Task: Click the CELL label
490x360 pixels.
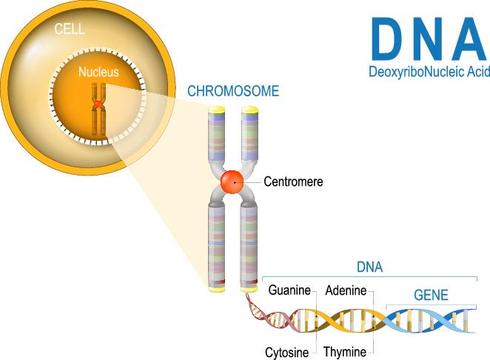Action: tap(70, 29)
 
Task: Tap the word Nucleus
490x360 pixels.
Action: tap(98, 72)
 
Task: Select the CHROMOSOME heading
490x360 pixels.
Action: tap(233, 91)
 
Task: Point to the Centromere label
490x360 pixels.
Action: tap(293, 181)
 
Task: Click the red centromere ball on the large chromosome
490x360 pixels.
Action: tap(232, 182)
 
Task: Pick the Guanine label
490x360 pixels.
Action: tap(289, 290)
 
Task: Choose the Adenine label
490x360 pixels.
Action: tap(346, 290)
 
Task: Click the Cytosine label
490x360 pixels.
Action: tap(287, 353)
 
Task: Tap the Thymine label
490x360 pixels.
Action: tap(345, 352)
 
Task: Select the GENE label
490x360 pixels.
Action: tap(431, 295)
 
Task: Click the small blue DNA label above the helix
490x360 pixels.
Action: tap(369, 267)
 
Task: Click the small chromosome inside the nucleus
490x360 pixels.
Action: tap(98, 109)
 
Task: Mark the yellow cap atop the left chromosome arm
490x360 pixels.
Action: tap(217, 110)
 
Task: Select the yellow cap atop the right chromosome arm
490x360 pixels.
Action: tap(249, 110)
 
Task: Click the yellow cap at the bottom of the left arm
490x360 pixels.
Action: tap(217, 288)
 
